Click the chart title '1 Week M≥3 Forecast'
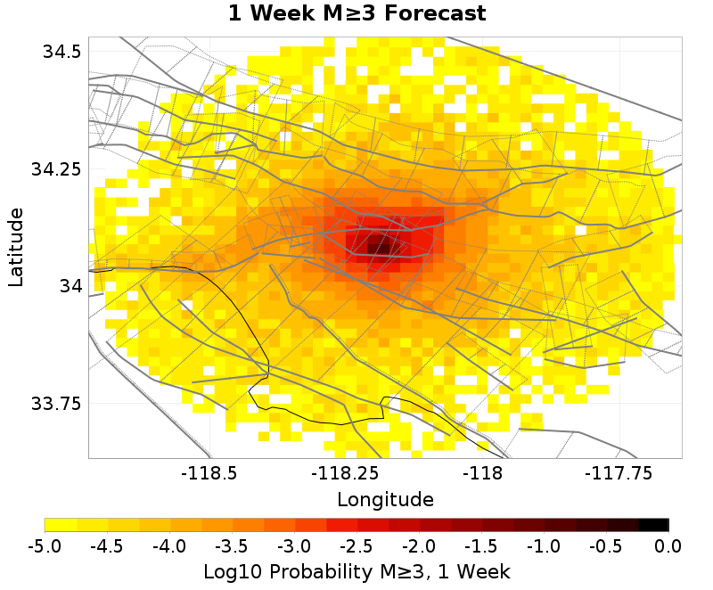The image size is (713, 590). (x=356, y=14)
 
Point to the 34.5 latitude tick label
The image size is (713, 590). (x=62, y=52)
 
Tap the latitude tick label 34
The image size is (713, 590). (x=70, y=286)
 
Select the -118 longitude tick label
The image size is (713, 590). (x=486, y=473)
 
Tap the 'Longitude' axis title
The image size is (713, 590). (x=385, y=498)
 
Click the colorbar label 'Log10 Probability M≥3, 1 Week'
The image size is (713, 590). (x=356, y=570)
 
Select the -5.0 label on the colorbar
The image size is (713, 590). (x=45, y=545)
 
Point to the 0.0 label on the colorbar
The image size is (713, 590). (x=668, y=545)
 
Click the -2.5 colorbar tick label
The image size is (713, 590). (x=356, y=545)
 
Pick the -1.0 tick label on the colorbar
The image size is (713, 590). (x=544, y=545)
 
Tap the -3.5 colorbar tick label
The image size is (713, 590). (x=232, y=545)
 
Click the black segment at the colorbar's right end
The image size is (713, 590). (x=653, y=524)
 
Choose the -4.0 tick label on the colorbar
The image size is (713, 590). (x=169, y=545)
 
